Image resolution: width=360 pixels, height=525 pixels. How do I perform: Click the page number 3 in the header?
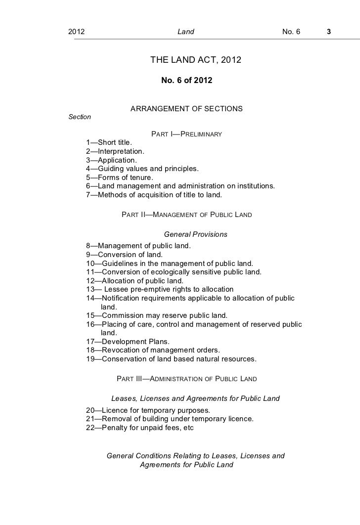pos(328,32)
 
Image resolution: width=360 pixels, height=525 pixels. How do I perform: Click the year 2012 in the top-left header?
pos(76,32)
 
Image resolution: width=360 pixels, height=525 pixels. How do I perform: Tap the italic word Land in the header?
pos(186,32)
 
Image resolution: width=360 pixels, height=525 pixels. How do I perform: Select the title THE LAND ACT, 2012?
pos(195,61)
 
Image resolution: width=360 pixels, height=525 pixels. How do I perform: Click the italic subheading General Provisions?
pos(195,234)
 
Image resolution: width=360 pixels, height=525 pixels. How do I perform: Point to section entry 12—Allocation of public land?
pos(131,280)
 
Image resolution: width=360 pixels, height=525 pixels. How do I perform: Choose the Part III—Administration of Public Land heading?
pos(186,379)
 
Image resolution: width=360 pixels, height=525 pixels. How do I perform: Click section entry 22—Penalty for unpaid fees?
pos(140,428)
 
